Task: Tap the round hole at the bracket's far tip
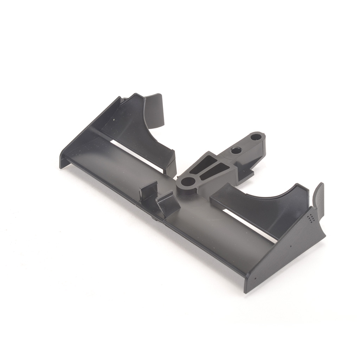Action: pyautogui.click(x=256, y=137)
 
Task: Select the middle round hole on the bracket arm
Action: pyautogui.click(x=236, y=150)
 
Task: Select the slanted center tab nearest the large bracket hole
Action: pyautogui.click(x=168, y=204)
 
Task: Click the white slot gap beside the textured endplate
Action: pyautogui.click(x=246, y=225)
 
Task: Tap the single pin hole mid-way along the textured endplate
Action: pyautogui.click(x=291, y=246)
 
